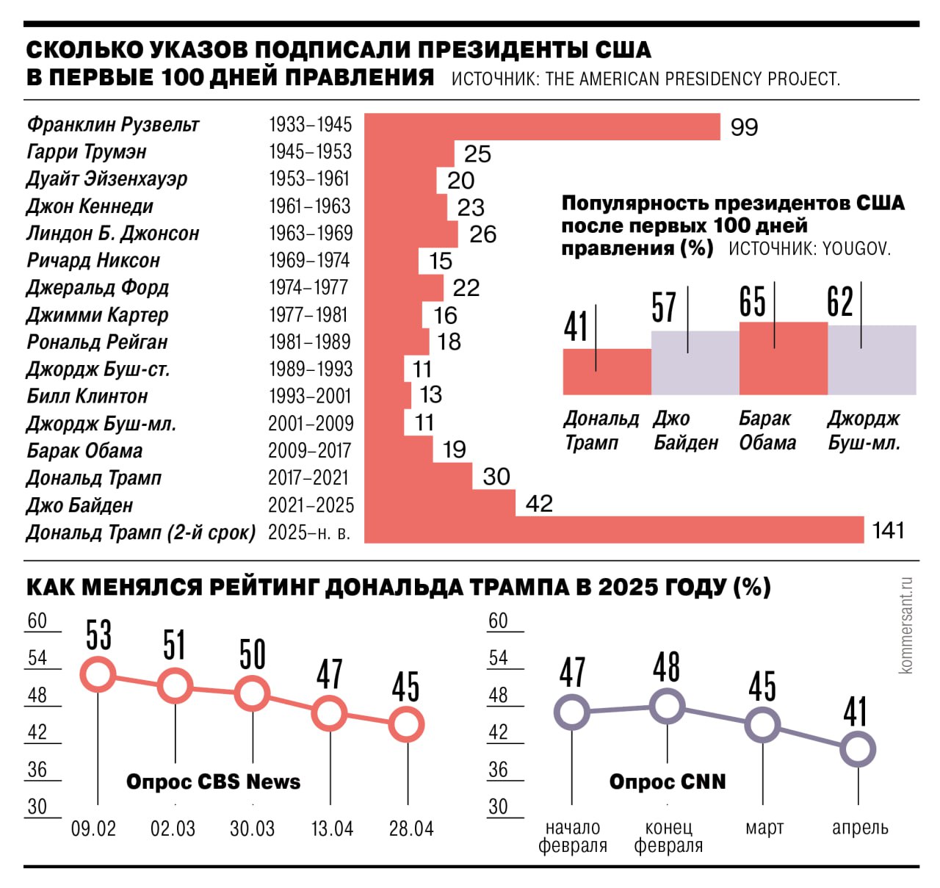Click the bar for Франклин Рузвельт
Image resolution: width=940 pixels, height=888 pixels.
tap(542, 126)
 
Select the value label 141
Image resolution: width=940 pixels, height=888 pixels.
tap(888, 530)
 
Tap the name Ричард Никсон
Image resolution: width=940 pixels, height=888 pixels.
tap(93, 261)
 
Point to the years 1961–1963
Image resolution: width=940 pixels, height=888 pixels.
tap(310, 206)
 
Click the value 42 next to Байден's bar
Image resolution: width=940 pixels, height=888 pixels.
tap(539, 504)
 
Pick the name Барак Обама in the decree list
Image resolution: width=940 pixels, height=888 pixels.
tap(84, 451)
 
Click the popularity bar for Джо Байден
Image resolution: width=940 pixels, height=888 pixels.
tap(695, 363)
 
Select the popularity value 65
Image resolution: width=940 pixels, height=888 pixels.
tap(752, 302)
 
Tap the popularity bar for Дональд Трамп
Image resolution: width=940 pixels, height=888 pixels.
tap(607, 372)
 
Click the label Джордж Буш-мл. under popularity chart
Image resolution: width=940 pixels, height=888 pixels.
tap(864, 430)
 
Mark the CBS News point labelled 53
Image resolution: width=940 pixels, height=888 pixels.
tap(98, 674)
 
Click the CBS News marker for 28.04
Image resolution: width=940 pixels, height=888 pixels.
tap(407, 725)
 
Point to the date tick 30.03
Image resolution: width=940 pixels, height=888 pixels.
tap(252, 829)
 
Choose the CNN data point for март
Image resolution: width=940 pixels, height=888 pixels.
tap(762, 725)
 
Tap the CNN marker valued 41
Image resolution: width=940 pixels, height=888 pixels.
tap(858, 750)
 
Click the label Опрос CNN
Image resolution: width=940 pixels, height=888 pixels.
tap(668, 782)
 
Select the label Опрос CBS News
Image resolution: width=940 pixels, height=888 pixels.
tap(213, 782)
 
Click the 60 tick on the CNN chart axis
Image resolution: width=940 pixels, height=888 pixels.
tap(498, 621)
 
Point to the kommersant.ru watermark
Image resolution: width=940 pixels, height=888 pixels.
tap(905, 625)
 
